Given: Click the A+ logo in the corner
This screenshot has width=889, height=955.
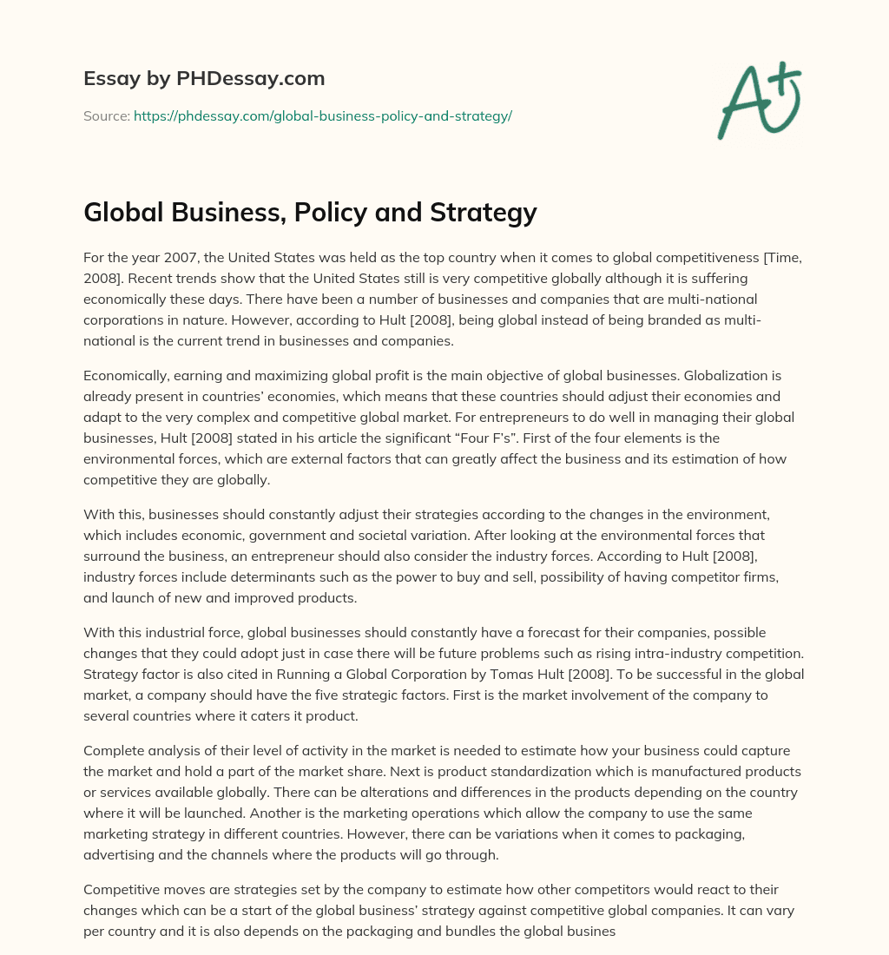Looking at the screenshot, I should [x=758, y=100].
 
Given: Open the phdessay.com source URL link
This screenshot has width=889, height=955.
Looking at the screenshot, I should [x=323, y=115].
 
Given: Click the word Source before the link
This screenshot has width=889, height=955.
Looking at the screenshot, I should [x=106, y=115].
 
